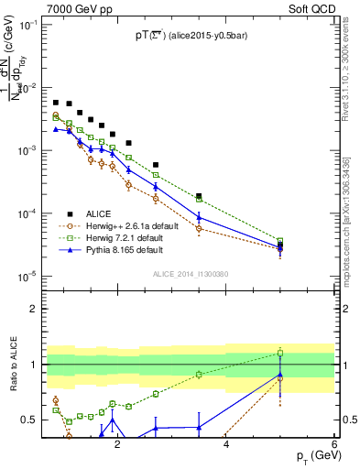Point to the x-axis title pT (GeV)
308,455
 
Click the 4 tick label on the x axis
226,444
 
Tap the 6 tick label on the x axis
334,444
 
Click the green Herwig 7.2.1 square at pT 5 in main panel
280,241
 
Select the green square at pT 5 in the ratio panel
280,353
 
